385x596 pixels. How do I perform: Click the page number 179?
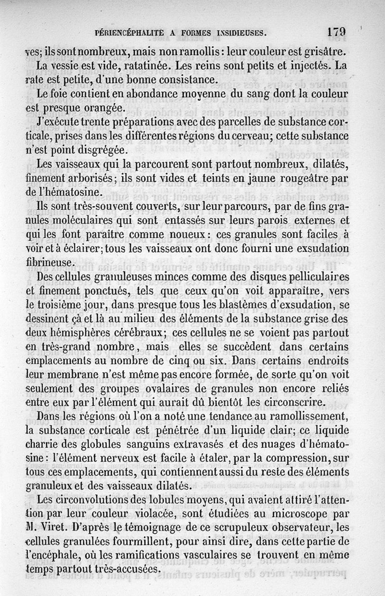(336, 32)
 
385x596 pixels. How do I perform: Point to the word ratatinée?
(141, 64)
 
